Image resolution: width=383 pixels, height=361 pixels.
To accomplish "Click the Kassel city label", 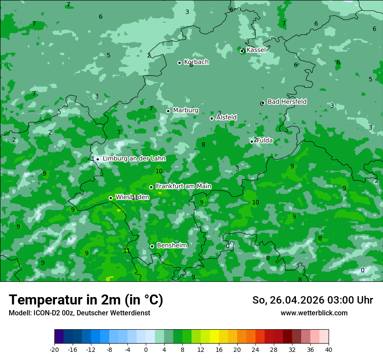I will [x=256, y=50].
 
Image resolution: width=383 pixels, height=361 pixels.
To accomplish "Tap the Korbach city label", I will [x=196, y=62].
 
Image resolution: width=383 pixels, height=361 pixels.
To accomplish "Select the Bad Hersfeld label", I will [x=287, y=102].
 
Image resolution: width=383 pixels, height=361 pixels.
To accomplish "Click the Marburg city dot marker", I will [x=168, y=111].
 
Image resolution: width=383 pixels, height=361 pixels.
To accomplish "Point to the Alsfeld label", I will [x=226, y=117].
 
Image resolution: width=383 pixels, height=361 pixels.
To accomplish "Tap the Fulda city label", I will [x=265, y=140].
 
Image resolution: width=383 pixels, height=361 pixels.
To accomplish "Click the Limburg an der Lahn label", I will [x=134, y=159].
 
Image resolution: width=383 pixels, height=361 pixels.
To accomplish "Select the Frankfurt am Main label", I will [x=183, y=186].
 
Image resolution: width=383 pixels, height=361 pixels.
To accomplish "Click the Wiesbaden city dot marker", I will [x=111, y=198].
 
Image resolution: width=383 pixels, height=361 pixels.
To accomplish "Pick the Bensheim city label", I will [x=171, y=245].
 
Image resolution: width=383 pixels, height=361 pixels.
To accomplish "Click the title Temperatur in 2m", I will [x=86, y=300].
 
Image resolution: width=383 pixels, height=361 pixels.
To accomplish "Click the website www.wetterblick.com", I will [x=314, y=313].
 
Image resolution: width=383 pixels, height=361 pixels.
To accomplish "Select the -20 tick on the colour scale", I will [x=54, y=349].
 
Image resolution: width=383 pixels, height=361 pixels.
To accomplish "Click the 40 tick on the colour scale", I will [x=328, y=349].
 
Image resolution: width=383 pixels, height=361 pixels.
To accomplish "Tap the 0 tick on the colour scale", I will [x=146, y=349].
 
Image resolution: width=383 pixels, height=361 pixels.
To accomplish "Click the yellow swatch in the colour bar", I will [x=214, y=337].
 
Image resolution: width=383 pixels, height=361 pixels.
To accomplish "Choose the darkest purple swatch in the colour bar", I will [x=59, y=337].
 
